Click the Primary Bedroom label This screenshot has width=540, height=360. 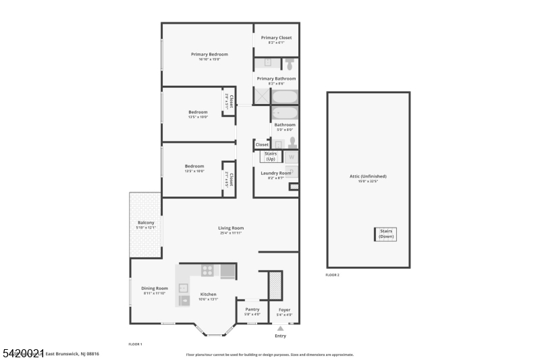click(x=209, y=54)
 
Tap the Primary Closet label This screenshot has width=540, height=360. click(x=276, y=38)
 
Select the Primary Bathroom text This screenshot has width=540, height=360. click(x=276, y=78)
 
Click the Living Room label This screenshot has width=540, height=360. click(x=230, y=228)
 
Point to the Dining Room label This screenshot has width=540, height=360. click(x=154, y=288)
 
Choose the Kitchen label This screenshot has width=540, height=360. click(x=208, y=294)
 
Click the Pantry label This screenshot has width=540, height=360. click(x=252, y=309)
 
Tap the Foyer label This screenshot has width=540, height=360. click(x=284, y=309)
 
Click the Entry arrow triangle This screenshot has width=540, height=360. click(x=280, y=328)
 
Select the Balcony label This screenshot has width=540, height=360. click(x=146, y=223)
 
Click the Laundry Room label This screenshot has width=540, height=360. click(x=275, y=173)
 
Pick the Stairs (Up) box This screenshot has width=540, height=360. click(x=271, y=157)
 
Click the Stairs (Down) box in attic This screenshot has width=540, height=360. click(x=386, y=234)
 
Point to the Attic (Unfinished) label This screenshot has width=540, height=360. click(x=369, y=177)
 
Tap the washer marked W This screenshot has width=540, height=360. click(x=292, y=157)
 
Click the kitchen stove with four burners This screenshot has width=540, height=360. click(x=208, y=272)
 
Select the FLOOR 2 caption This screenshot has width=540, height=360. click(x=332, y=275)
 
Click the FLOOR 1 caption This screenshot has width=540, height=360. click(x=135, y=344)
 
